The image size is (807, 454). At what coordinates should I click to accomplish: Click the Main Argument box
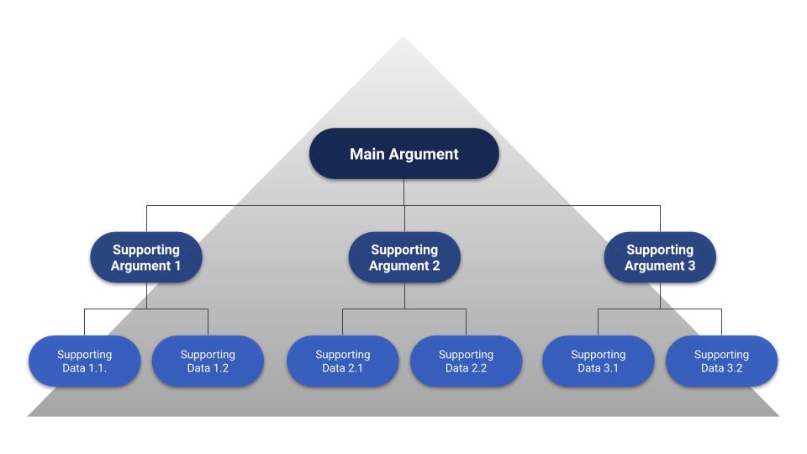(403, 154)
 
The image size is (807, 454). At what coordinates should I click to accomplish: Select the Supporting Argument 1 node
(146, 257)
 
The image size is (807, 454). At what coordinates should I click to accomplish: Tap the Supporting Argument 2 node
(403, 257)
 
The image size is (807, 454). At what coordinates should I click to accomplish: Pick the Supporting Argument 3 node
(660, 257)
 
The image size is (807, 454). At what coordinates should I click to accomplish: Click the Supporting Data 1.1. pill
(84, 361)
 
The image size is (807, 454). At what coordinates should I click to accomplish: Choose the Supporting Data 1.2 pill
(208, 361)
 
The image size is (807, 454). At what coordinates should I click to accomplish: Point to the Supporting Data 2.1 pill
(342, 361)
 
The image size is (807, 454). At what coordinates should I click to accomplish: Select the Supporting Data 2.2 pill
(466, 361)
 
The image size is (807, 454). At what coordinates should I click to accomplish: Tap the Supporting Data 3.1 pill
(598, 361)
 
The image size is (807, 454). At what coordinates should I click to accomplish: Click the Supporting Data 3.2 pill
(721, 361)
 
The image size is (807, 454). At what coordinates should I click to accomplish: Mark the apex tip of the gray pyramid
(403, 37)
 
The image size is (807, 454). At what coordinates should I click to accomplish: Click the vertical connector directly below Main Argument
(403, 192)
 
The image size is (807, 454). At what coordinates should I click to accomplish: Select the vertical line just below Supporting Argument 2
(403, 295)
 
